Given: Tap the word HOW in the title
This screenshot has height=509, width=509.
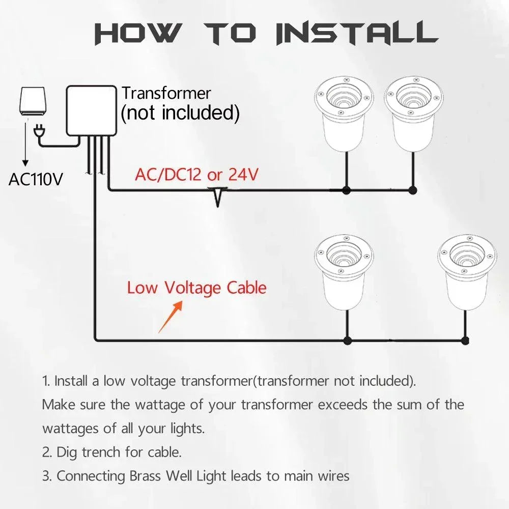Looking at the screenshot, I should click(x=137, y=33).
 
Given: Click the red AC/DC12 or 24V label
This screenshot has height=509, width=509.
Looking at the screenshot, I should click(x=196, y=175).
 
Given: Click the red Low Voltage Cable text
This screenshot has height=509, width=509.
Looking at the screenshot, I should click(x=196, y=288).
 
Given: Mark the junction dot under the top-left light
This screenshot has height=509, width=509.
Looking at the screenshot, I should click(x=347, y=191).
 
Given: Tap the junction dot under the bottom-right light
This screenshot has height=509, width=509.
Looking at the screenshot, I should click(x=465, y=341).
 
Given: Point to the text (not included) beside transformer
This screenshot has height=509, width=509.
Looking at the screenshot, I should click(x=180, y=113).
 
